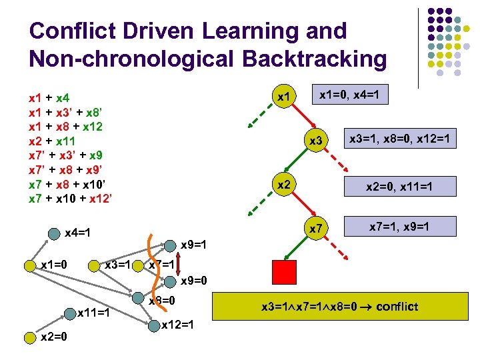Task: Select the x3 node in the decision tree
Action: [315, 141]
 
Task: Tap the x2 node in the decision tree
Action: [285, 184]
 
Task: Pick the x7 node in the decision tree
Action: [315, 229]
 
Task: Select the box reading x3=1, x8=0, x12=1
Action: [399, 139]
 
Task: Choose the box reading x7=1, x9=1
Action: [399, 227]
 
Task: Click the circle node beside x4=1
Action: [55, 234]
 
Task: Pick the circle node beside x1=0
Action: [30, 265]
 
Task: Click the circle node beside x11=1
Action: [70, 311]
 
